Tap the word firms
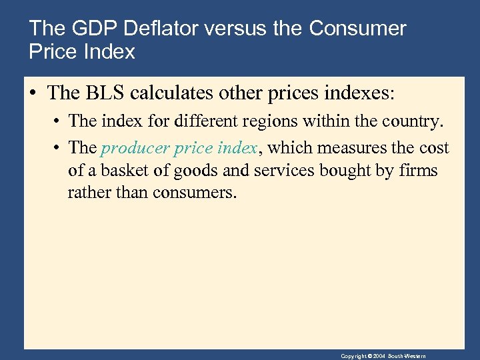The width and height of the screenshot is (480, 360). coord(418,171)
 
